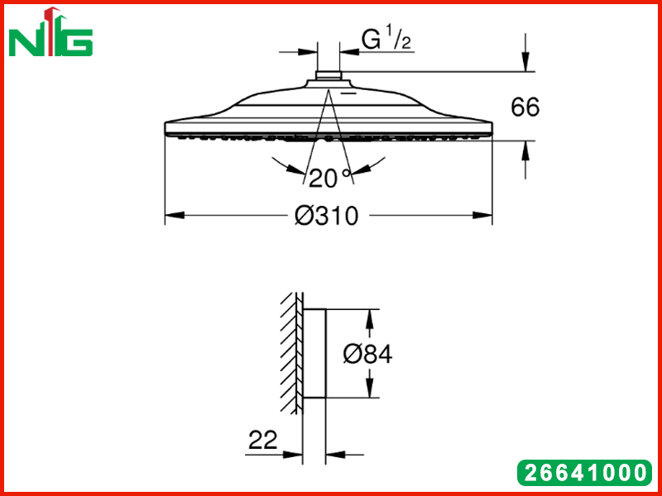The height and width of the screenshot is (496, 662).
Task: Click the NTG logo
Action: [50, 32]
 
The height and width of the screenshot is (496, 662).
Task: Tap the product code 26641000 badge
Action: [584, 472]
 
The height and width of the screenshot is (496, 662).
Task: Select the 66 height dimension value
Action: [525, 107]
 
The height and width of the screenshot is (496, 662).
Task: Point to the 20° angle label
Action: [329, 178]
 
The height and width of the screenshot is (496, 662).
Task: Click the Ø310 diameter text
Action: [326, 216]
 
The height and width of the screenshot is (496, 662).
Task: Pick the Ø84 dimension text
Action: [367, 354]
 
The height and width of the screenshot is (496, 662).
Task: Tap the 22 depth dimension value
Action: [263, 441]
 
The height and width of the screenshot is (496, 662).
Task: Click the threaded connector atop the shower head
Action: [329, 76]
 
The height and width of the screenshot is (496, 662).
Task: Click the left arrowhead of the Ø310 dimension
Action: [175, 216]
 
